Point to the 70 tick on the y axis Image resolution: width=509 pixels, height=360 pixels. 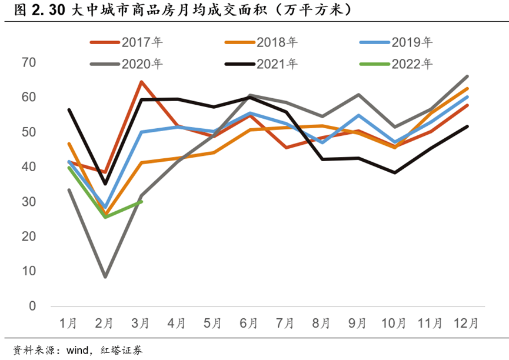click(28, 62)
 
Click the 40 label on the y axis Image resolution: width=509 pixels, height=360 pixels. click(28, 167)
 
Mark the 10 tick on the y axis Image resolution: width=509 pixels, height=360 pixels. click(28, 271)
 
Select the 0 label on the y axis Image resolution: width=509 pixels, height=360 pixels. click(32, 306)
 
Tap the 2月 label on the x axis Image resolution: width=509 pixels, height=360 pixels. click(105, 323)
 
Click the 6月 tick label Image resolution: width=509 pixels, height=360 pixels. click(249, 323)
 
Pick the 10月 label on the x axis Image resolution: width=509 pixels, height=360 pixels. click(394, 323)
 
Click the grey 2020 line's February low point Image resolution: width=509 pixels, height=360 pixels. click(105, 276)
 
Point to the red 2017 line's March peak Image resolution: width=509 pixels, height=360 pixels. click(141, 82)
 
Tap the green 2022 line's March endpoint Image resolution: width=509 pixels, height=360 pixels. click(141, 201)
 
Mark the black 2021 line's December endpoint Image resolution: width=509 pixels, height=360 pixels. click(467, 126)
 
